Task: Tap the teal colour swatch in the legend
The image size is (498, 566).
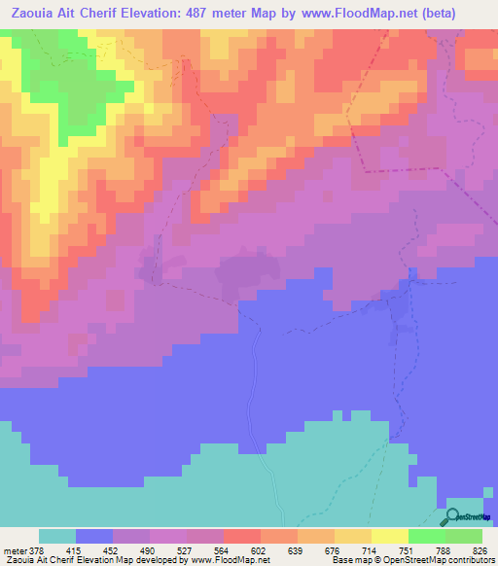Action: [x=57, y=537]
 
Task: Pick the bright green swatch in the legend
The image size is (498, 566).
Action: [x=426, y=537]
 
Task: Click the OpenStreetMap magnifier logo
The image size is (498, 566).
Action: [x=453, y=516]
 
